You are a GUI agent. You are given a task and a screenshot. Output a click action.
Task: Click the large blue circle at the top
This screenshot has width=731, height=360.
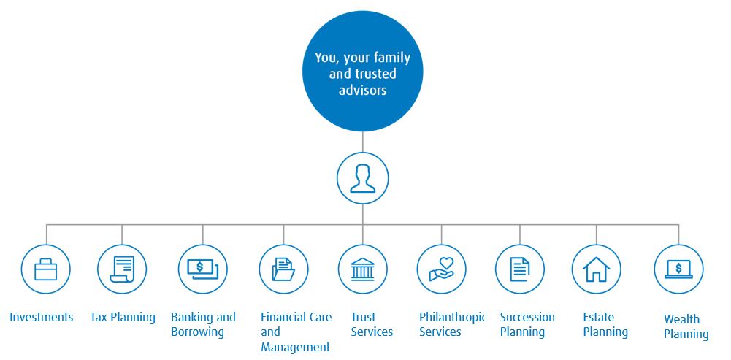[x=362, y=71]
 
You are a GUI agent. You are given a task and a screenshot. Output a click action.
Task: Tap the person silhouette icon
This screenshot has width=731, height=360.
[x=362, y=178]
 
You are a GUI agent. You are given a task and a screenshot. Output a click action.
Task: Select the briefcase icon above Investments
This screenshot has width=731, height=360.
[x=46, y=269]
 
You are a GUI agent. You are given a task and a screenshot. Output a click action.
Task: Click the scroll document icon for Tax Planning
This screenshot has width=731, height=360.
[x=122, y=269]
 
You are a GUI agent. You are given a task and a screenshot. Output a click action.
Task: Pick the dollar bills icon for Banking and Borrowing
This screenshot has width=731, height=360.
[x=202, y=269]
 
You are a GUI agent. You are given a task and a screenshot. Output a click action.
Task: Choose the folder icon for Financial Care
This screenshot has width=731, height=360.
[x=283, y=269]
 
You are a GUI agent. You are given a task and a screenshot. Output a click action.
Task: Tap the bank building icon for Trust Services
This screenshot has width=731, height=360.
[x=362, y=269]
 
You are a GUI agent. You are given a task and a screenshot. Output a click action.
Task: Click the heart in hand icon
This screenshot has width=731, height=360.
[x=441, y=269]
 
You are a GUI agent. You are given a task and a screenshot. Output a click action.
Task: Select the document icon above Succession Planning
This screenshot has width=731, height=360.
[x=520, y=269]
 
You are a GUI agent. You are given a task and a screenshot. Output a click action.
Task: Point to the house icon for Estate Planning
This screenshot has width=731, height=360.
[x=597, y=269]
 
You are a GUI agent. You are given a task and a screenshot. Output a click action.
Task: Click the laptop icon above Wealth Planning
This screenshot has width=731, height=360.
[x=678, y=269]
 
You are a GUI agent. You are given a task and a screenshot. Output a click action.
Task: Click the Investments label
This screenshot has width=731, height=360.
[x=42, y=317]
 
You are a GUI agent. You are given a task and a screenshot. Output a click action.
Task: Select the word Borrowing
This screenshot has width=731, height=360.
[x=198, y=333]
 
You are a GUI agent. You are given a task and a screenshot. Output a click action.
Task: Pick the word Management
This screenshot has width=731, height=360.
[x=296, y=348]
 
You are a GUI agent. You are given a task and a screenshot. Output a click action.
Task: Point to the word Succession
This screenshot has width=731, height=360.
[x=527, y=317]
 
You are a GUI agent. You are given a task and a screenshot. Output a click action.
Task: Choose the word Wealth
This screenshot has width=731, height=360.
[x=681, y=319]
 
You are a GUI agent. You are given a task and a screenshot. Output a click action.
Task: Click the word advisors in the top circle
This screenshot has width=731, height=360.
[x=362, y=89]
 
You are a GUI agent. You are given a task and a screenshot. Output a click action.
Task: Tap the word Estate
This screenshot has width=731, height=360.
[x=598, y=317]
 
